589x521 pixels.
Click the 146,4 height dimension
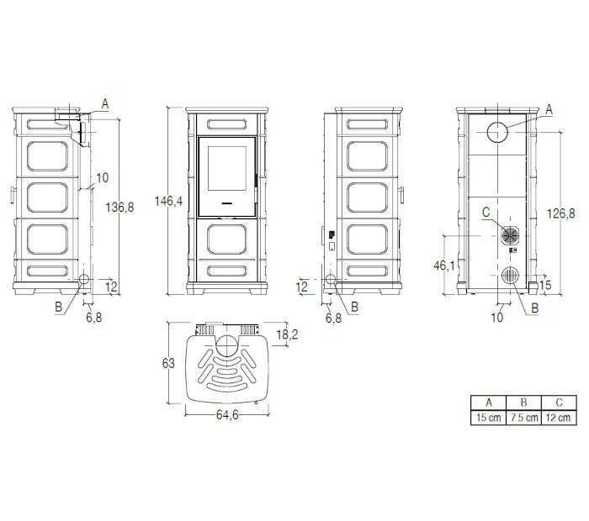click(x=168, y=202)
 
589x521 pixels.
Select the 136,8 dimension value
click(x=119, y=207)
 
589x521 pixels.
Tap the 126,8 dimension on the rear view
click(x=561, y=213)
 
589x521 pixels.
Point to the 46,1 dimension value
click(x=444, y=266)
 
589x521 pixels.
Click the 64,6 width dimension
click(x=227, y=414)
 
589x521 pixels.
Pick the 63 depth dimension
click(x=168, y=363)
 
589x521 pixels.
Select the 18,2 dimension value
click(x=288, y=334)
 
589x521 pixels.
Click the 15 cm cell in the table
click(x=488, y=418)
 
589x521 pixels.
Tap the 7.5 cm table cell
click(x=523, y=418)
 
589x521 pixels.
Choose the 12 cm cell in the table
click(x=559, y=418)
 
